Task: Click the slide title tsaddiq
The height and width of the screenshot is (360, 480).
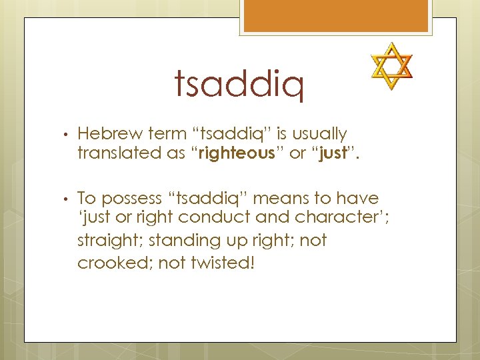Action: point(239,85)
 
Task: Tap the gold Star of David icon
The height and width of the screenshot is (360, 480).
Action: point(391,66)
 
